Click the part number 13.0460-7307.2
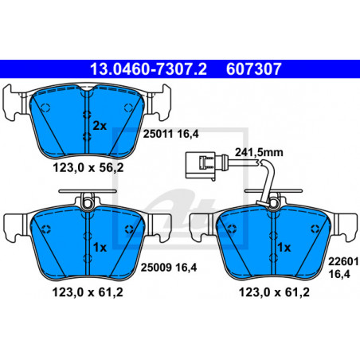(148, 69)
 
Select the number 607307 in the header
(253, 69)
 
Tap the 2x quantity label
(100, 126)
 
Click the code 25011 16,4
(170, 134)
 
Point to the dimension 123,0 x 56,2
(88, 168)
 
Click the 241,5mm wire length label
(259, 152)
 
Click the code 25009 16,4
(169, 268)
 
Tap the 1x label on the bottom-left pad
(100, 248)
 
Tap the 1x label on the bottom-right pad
(284, 248)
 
